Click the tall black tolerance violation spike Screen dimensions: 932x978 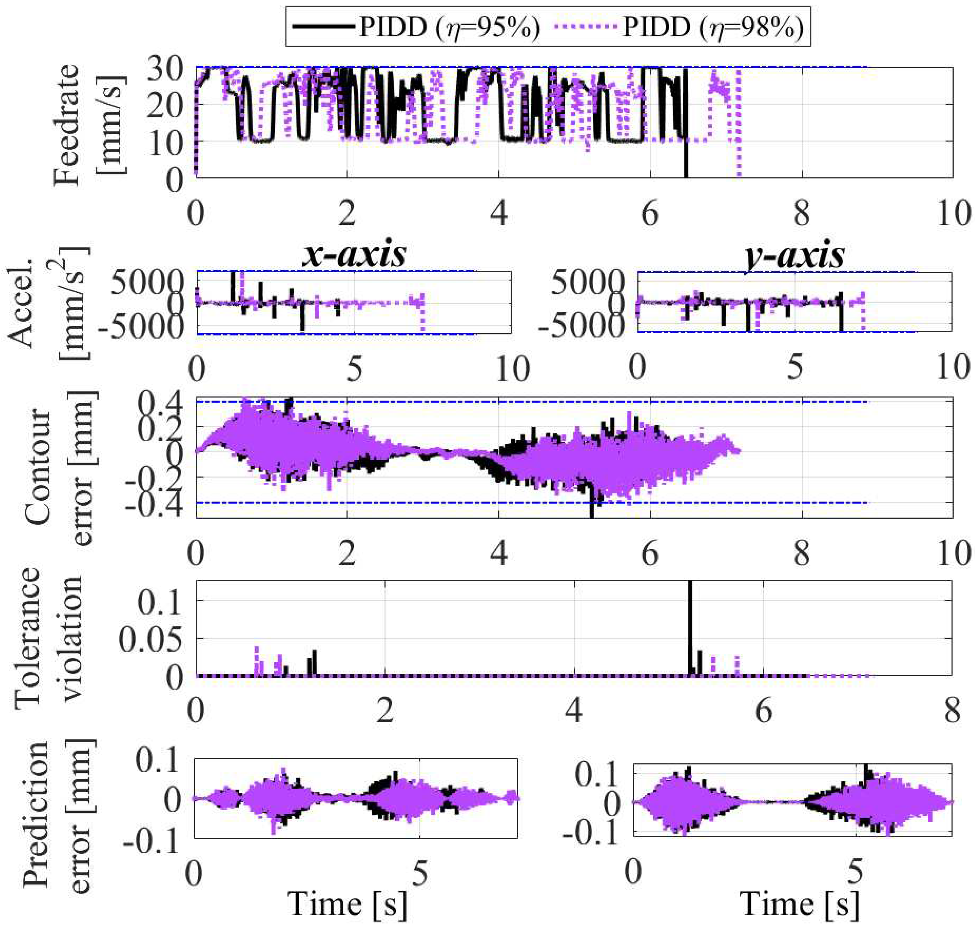(690, 626)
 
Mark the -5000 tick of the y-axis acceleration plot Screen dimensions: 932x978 (589, 328)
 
